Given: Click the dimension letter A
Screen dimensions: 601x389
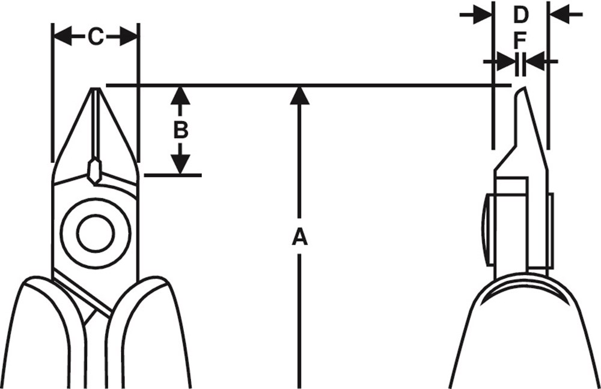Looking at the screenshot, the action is point(300,236).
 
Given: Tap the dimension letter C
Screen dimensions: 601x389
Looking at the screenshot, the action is point(96,37).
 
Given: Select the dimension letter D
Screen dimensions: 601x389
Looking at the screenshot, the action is point(520,15).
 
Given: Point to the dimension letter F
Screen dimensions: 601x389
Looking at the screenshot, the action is point(520,40).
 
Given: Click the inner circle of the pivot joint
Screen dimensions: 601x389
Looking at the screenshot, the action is point(96,234).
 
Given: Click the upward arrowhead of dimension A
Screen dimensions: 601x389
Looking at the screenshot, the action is point(299,96).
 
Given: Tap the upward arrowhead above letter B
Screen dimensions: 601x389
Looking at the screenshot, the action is point(180,96).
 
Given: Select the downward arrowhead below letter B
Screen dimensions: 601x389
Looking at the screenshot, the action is point(180,164).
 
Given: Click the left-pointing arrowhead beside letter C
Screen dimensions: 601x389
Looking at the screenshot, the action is point(63,37).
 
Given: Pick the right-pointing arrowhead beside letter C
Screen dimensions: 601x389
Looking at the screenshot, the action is point(129,37).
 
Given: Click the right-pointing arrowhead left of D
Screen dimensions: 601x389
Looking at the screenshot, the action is point(483,15).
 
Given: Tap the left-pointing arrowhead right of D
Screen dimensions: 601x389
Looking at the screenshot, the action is point(559,15).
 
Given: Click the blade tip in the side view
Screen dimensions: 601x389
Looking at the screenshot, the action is point(522,88).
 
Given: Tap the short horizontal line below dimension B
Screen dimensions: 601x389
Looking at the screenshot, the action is point(173,176).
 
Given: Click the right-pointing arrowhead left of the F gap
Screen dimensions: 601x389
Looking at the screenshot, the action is point(506,61).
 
